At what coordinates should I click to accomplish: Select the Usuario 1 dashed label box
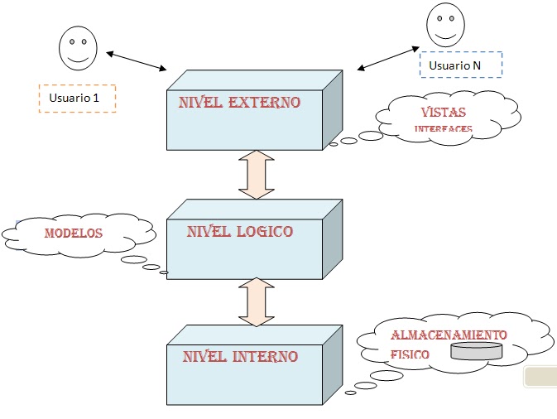coord(77,98)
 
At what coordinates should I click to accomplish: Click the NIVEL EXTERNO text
coord(239,104)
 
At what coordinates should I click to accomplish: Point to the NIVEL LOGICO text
coord(239,231)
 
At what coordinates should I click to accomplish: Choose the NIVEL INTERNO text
coord(239,357)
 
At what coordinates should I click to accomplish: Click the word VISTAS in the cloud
coord(443,113)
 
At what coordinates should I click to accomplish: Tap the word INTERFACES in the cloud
coord(443,129)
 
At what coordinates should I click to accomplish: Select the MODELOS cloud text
coord(74,233)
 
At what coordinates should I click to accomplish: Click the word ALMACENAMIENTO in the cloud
coord(448,335)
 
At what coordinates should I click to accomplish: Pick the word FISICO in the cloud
coord(410,354)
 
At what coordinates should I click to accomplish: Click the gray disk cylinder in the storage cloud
coord(476,351)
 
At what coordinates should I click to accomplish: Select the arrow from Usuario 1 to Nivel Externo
coord(137,61)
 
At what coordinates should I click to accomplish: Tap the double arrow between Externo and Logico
coord(256,174)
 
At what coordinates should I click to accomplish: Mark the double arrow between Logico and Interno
coord(256,301)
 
